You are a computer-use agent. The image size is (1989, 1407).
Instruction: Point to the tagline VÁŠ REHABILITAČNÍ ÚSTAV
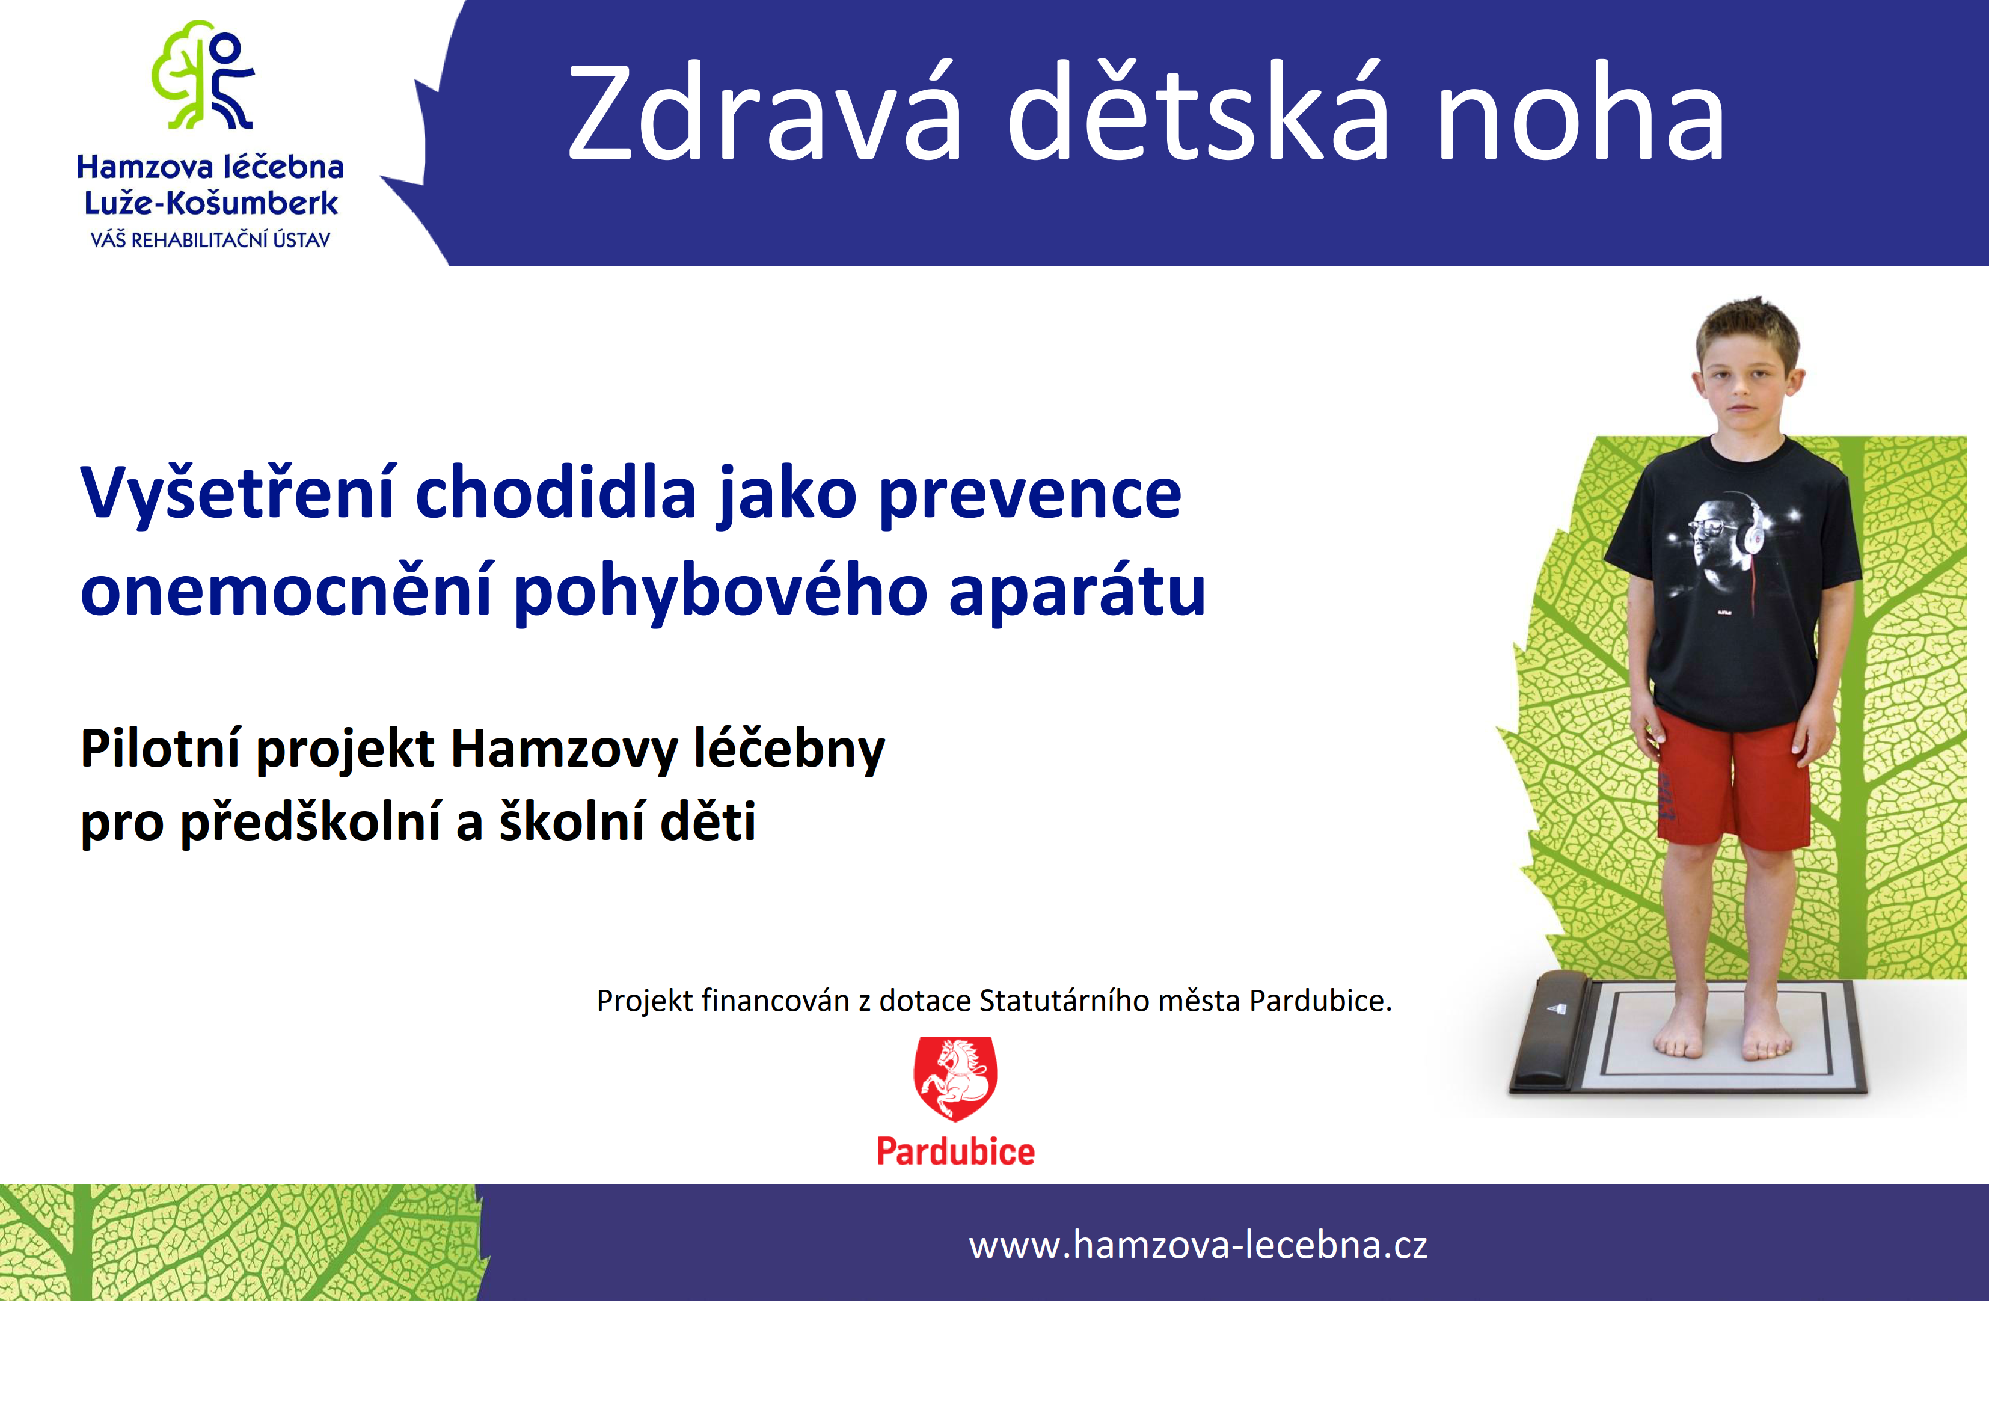[210, 239]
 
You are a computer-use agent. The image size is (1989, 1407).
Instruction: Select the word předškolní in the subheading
[310, 821]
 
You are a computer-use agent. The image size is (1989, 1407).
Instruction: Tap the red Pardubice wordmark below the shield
[955, 1151]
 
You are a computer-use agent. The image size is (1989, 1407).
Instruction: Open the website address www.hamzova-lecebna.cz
[1198, 1245]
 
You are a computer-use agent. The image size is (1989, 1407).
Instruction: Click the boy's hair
[1747, 334]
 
